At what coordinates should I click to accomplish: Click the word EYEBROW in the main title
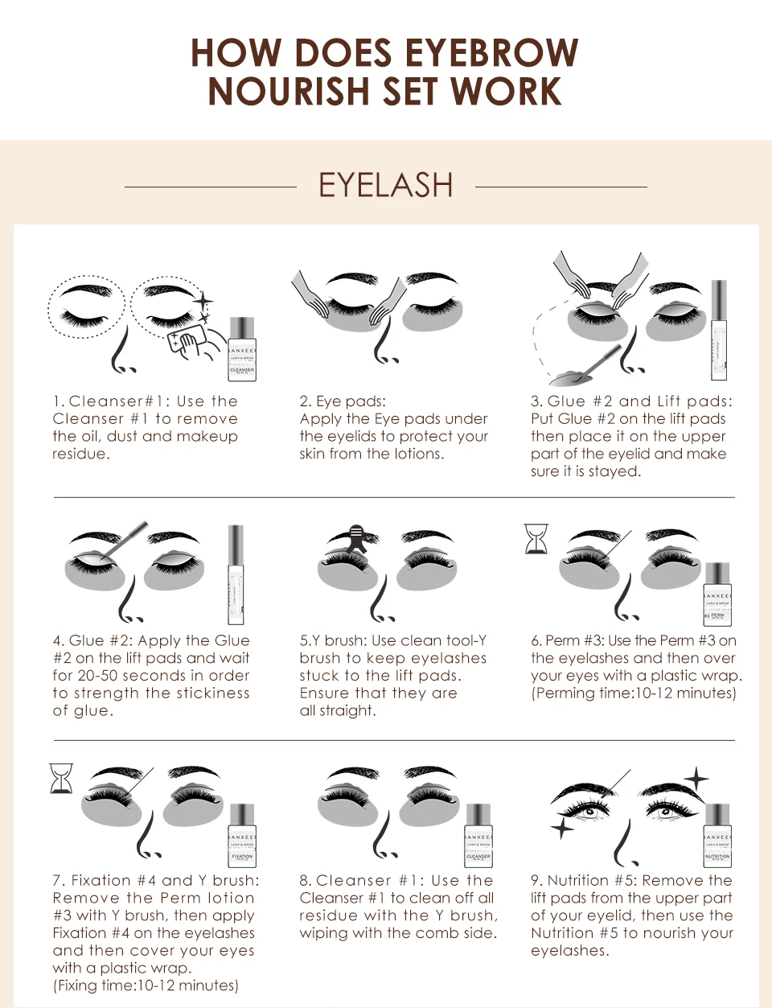pyautogui.click(x=491, y=53)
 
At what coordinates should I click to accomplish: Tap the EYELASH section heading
pyautogui.click(x=385, y=186)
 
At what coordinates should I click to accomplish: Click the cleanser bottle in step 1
pyautogui.click(x=242, y=349)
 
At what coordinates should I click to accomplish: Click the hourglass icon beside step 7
pyautogui.click(x=61, y=779)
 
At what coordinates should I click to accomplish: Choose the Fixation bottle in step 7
pyautogui.click(x=242, y=836)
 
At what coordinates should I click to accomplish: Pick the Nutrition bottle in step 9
pyautogui.click(x=717, y=836)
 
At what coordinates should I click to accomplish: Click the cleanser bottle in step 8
pyautogui.click(x=478, y=836)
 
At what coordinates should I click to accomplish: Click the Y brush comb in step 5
pyautogui.click(x=356, y=536)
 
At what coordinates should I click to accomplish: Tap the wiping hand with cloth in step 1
pyautogui.click(x=190, y=341)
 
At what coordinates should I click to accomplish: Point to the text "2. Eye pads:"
pyautogui.click(x=343, y=401)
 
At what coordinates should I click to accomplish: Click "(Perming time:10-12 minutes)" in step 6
pyautogui.click(x=633, y=693)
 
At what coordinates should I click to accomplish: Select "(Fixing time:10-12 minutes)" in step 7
pyautogui.click(x=146, y=985)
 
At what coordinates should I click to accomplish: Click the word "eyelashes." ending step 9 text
pyautogui.click(x=570, y=951)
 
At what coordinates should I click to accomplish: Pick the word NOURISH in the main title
pyautogui.click(x=289, y=92)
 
